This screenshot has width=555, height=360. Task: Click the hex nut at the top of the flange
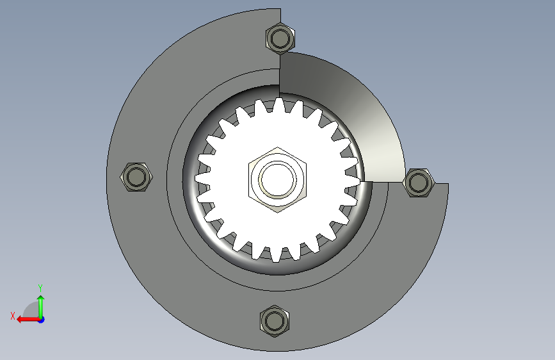coord(280,38)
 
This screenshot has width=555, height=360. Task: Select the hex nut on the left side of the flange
coord(136,177)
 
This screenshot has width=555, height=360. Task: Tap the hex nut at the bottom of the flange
coord(275,321)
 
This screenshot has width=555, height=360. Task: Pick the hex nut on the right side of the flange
coord(419,183)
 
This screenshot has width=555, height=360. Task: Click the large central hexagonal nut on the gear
coord(277,179)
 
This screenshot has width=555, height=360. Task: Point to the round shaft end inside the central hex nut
coord(277,179)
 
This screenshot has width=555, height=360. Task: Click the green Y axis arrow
coord(41,306)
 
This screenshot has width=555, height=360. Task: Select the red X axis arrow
coord(28,320)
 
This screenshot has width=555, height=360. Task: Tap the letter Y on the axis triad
coord(40,288)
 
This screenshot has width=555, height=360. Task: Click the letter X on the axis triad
coord(13,316)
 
